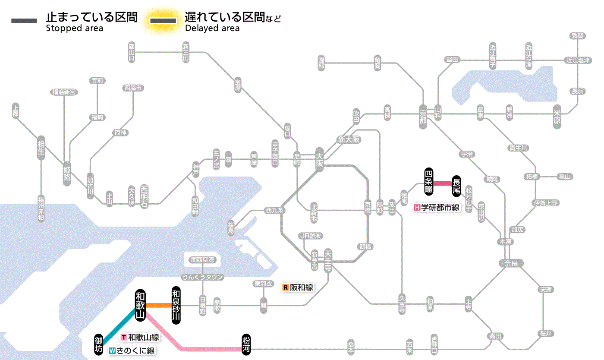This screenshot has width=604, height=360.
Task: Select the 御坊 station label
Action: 99,344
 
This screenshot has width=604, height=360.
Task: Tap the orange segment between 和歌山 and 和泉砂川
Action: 158,305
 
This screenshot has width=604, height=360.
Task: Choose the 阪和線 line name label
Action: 298,287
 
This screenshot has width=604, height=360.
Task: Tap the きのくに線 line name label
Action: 132,351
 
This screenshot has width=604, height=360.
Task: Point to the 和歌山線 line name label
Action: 140,338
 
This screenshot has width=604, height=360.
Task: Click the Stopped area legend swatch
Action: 24,21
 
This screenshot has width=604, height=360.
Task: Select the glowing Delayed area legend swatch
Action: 163,21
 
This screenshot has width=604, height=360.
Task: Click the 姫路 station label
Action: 67,173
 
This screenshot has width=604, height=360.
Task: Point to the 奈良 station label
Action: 511,263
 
